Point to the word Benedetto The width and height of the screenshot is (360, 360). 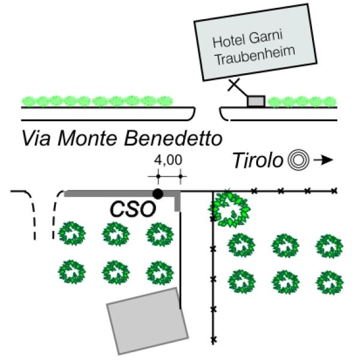[173, 139]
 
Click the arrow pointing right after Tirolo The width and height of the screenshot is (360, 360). [323, 160]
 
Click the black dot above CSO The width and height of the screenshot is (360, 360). [158, 193]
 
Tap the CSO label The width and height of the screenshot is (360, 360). [133, 209]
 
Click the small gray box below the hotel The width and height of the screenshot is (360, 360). [256, 101]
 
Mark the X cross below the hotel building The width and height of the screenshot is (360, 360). [233, 85]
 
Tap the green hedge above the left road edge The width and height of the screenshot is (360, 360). [96, 101]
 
